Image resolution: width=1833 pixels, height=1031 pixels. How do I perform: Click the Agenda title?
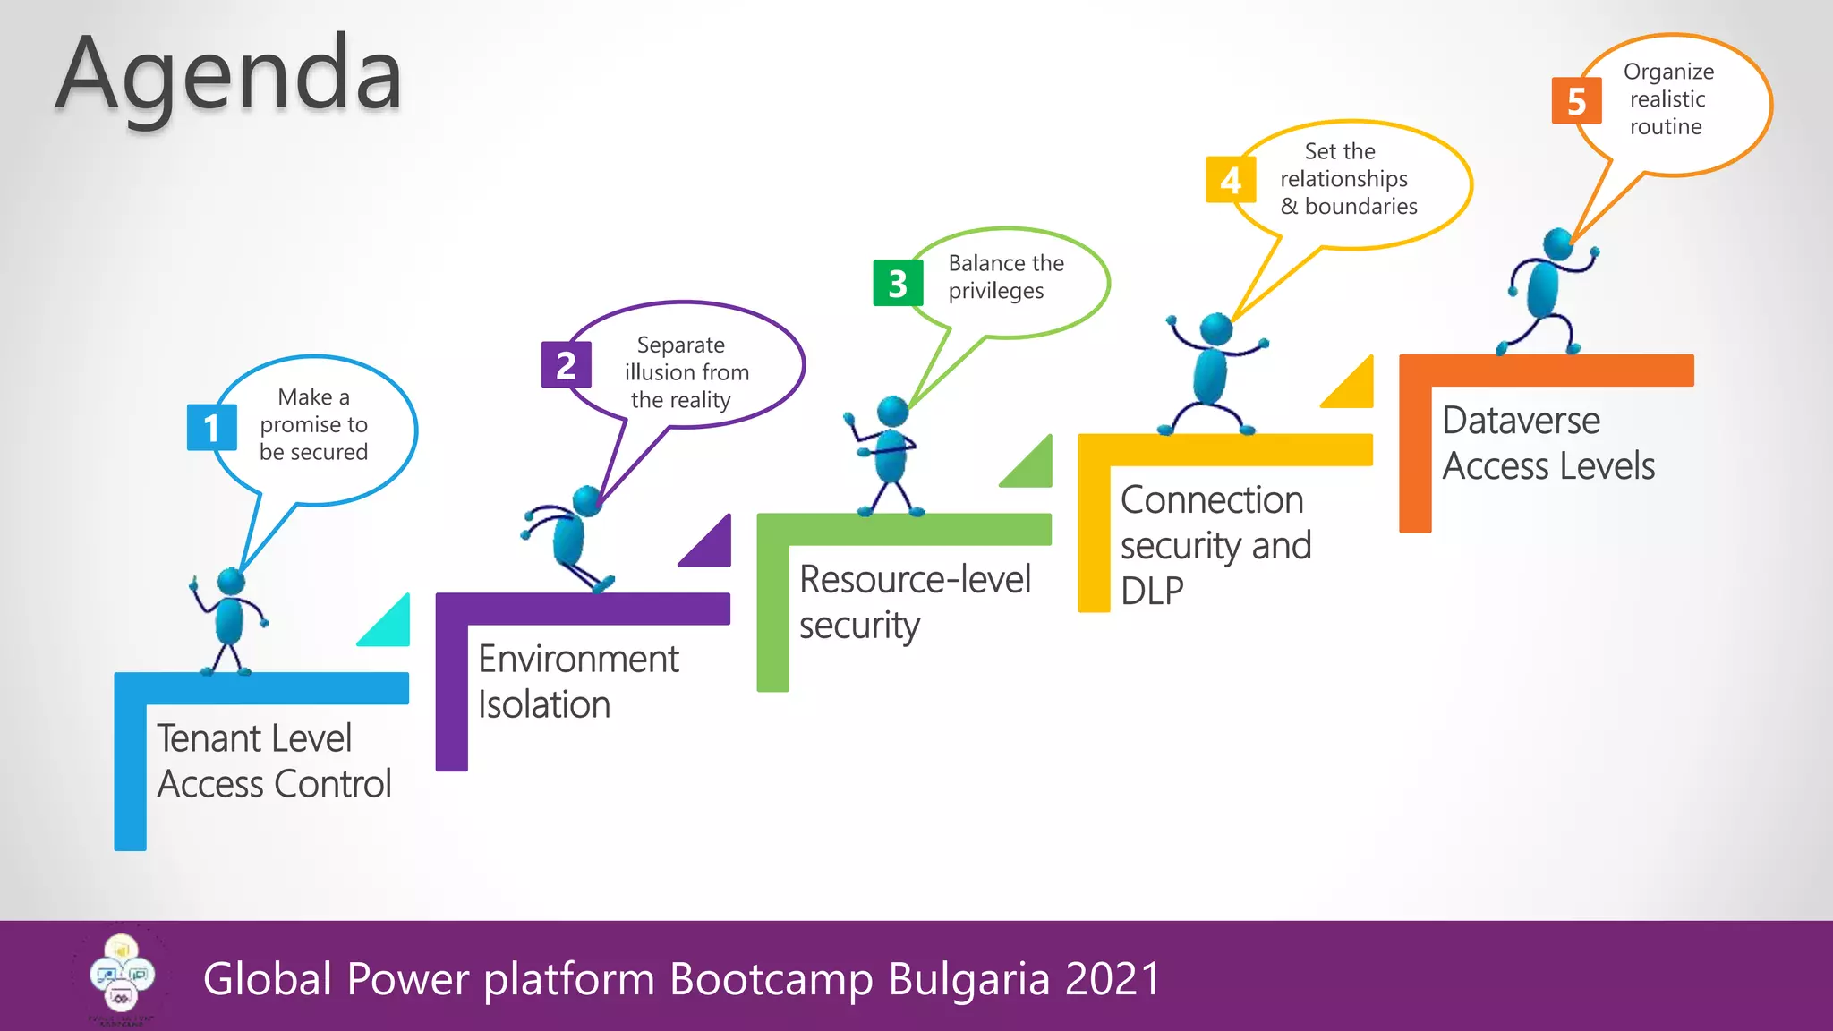[229, 76]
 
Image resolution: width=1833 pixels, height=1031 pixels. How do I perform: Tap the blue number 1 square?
[211, 428]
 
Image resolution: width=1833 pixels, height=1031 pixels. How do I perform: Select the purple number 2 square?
[566, 365]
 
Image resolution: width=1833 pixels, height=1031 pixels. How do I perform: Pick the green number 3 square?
[898, 284]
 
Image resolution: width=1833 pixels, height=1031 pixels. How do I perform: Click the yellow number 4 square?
[1231, 180]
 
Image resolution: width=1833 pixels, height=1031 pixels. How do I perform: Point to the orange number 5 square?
[1576, 100]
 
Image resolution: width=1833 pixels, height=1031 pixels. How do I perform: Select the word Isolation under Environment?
[544, 705]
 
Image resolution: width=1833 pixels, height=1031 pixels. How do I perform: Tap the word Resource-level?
[915, 580]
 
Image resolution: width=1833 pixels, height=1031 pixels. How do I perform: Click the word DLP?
[1152, 592]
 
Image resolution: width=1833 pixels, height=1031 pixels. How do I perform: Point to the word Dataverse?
[1521, 421]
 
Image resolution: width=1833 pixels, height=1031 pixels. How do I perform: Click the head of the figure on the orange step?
[1557, 243]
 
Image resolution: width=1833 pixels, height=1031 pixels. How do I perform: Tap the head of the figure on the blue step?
[231, 582]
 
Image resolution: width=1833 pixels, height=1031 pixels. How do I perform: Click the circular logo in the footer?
[122, 976]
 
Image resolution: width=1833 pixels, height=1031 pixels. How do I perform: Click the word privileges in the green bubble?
[995, 291]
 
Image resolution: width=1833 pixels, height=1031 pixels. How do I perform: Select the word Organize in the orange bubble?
[1668, 72]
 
